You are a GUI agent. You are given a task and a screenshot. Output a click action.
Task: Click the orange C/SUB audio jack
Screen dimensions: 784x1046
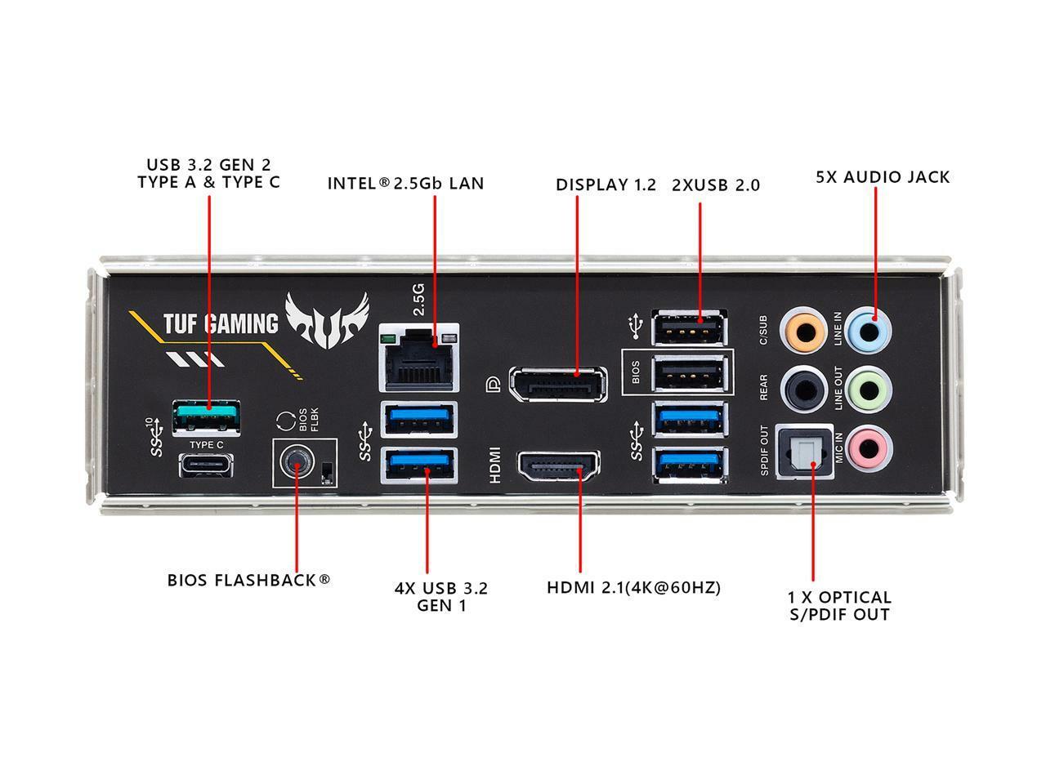coord(802,330)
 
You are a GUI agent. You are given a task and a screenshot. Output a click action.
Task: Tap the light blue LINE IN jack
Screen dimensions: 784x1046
coord(869,330)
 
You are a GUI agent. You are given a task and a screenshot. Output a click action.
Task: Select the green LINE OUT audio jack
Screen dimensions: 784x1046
coord(869,389)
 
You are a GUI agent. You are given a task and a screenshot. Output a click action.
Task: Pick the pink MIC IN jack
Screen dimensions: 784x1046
coord(869,447)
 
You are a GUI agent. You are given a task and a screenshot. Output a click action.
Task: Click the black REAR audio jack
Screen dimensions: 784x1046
coord(802,389)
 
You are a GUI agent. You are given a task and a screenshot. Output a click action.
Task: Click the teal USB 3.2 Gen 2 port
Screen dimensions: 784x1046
coord(206,416)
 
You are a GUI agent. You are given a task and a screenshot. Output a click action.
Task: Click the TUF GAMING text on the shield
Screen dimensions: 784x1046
coord(220,324)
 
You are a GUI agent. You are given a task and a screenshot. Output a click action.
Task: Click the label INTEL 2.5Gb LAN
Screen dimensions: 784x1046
coord(405,183)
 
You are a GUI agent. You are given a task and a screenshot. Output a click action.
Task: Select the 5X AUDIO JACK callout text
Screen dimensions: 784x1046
coord(883,177)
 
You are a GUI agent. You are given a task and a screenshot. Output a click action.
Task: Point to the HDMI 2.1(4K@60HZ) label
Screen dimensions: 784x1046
coord(633,587)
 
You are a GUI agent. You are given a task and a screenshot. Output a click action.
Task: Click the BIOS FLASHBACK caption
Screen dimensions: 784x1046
coord(248,581)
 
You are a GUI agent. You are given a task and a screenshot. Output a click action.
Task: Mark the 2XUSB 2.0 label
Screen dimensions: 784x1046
coord(715,185)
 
